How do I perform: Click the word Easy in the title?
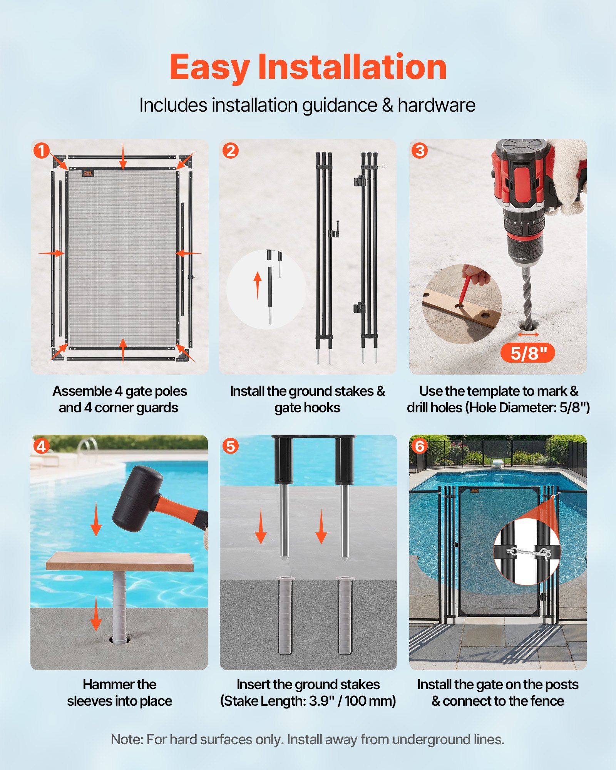[x=209, y=68]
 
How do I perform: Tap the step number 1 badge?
[x=41, y=151]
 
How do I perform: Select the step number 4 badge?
[x=41, y=446]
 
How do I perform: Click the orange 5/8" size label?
[x=527, y=353]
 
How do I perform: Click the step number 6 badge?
[x=420, y=446]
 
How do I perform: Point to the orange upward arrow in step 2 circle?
[x=258, y=285]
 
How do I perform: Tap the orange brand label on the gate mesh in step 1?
[x=87, y=174]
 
